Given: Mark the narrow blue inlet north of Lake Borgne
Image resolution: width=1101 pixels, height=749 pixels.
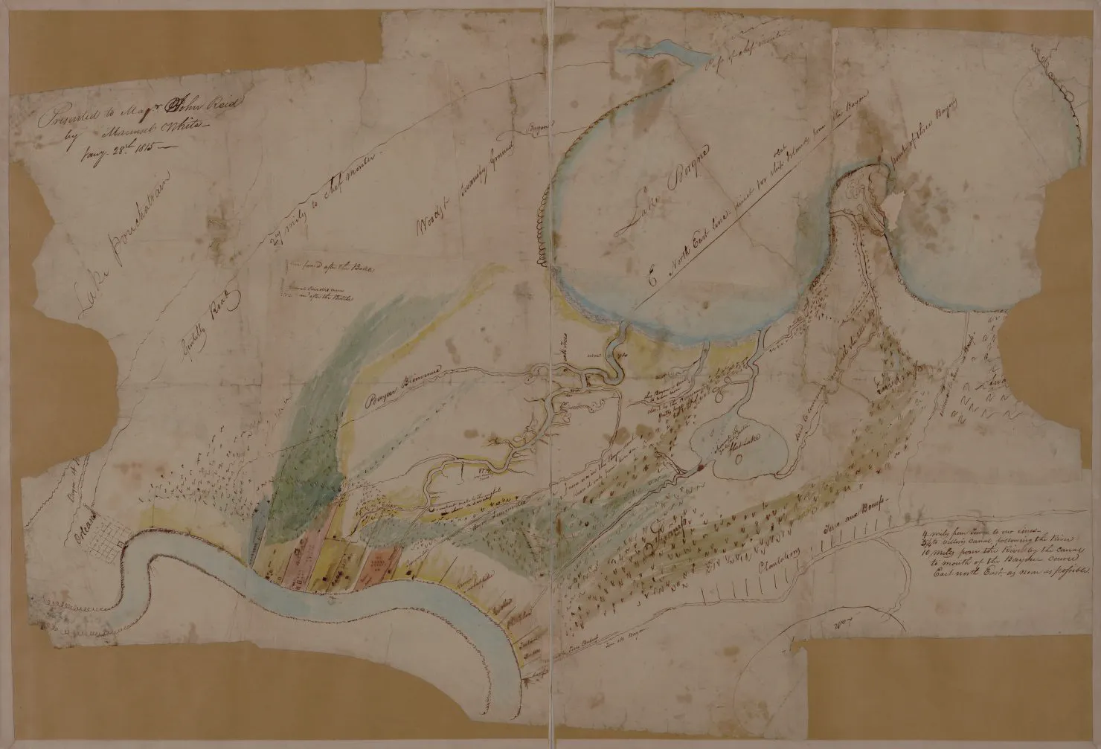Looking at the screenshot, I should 655,57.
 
